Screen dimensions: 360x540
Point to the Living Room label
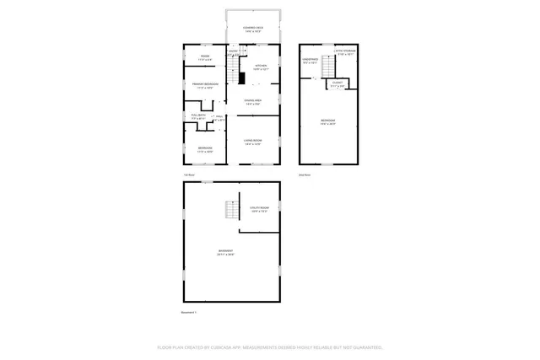252,142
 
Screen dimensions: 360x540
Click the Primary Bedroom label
206,85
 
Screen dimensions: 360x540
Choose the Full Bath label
198,117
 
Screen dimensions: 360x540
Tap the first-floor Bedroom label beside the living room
206,149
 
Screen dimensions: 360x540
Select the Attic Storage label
345,51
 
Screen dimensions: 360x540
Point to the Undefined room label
310,60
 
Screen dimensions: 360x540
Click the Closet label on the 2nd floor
337,84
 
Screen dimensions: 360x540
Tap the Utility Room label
259,209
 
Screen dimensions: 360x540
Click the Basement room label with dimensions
225,252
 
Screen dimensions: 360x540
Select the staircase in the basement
226,211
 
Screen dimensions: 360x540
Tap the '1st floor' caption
189,175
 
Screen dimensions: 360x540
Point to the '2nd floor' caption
305,175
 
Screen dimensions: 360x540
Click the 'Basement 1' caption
189,313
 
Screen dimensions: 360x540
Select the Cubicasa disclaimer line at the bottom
270,347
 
